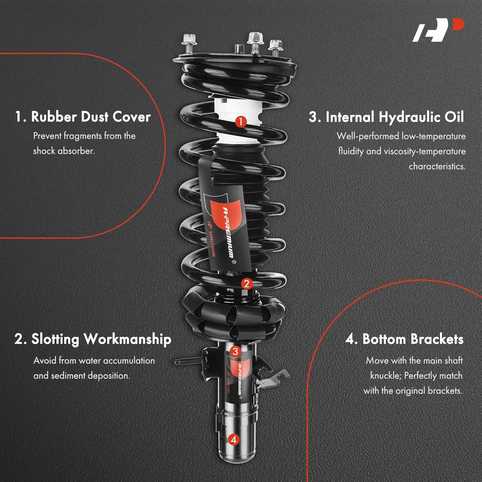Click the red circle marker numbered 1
point(241,121)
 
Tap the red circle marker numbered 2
point(246,284)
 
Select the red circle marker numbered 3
point(235,351)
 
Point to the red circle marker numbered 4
point(234,439)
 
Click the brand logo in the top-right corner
point(438,30)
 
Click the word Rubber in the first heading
point(53,117)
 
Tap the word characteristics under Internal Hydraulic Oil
point(437,166)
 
